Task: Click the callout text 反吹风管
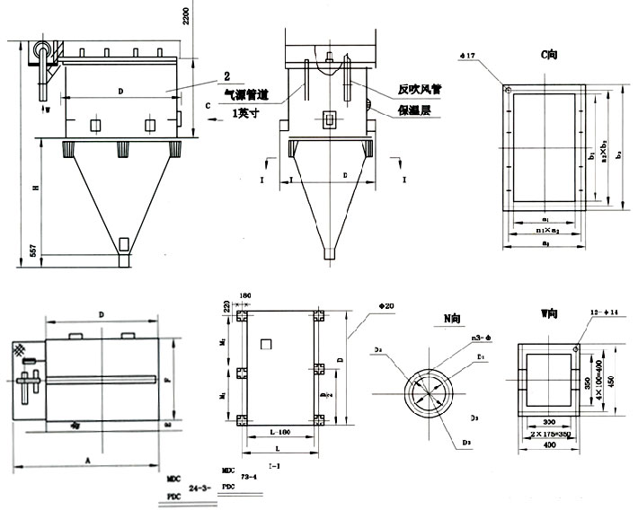(x=421, y=91)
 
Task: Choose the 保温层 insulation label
(x=415, y=110)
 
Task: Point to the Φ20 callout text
(x=387, y=306)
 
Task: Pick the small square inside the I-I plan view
(x=265, y=346)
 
